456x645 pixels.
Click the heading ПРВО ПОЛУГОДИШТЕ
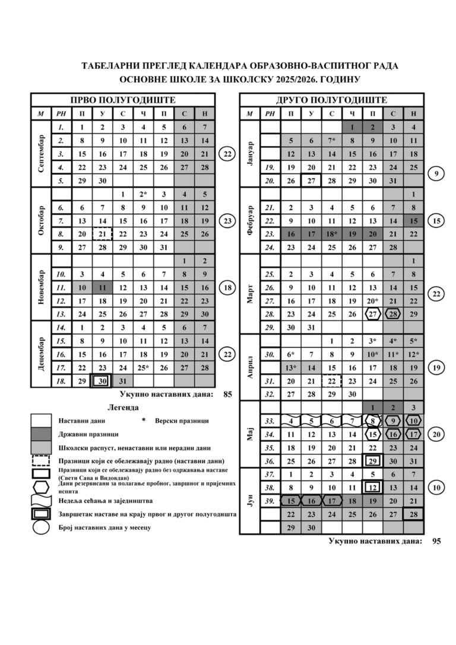pyautogui.click(x=123, y=100)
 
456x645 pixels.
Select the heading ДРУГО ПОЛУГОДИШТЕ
pyautogui.click(x=331, y=100)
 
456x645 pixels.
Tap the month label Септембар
pyautogui.click(x=41, y=153)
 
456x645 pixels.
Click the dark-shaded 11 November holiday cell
pyautogui.click(x=102, y=287)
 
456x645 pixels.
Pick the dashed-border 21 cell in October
pyautogui.click(x=102, y=234)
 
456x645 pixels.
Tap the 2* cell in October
pyautogui.click(x=143, y=194)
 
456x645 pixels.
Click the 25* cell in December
pyautogui.click(x=143, y=367)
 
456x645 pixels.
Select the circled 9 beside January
pyautogui.click(x=436, y=174)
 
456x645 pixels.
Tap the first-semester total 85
pyautogui.click(x=227, y=394)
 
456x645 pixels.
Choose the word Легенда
pyautogui.click(x=123, y=408)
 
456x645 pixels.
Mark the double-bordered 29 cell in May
pyautogui.click(x=373, y=461)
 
